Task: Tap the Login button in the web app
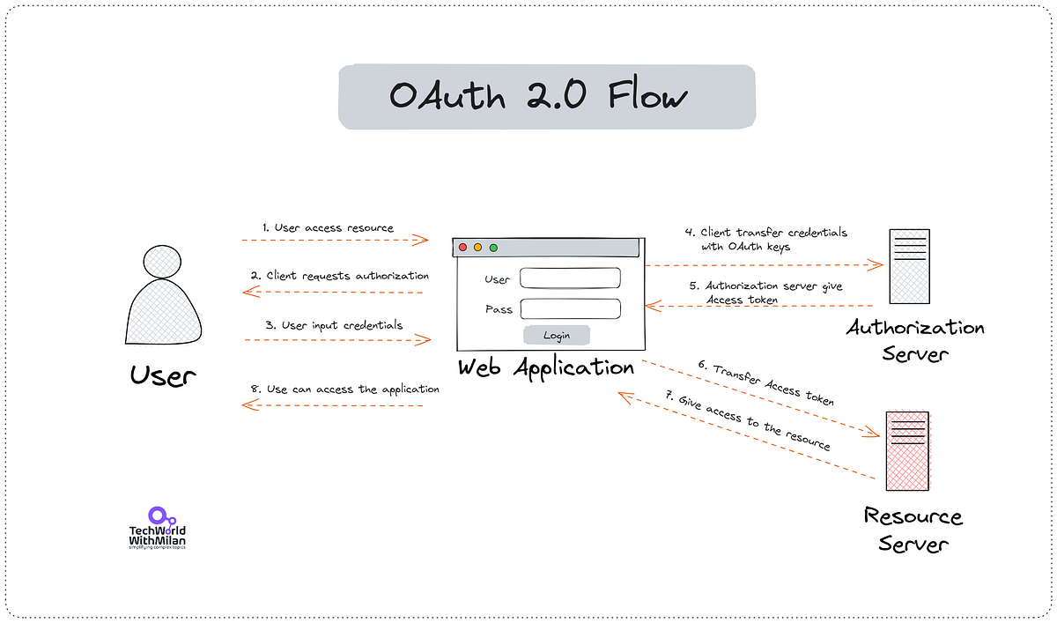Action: point(557,335)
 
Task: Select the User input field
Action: point(571,278)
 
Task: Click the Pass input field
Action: point(571,308)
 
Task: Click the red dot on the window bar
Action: point(462,248)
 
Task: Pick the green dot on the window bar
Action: point(493,248)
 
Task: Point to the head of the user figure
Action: point(162,262)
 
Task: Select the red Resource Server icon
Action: point(908,451)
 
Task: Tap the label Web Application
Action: point(546,367)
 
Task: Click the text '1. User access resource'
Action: point(328,227)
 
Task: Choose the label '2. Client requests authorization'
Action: point(340,276)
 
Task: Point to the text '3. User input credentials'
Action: point(334,324)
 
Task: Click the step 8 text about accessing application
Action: point(344,389)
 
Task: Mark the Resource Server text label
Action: point(913,529)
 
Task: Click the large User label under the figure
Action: point(163,376)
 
